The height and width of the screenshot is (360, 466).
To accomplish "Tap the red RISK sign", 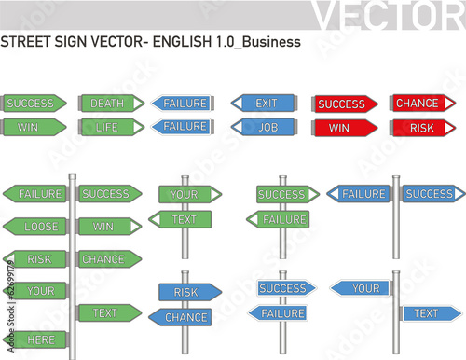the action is pos(420,127).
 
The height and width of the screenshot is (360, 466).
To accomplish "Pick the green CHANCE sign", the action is pos(108,259).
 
